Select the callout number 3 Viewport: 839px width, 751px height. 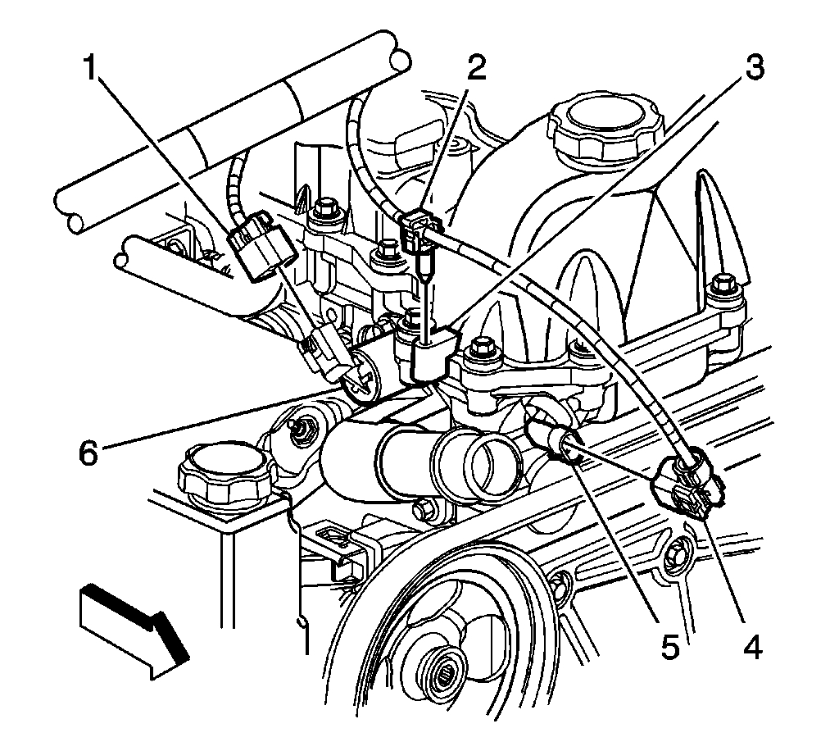pyautogui.click(x=751, y=69)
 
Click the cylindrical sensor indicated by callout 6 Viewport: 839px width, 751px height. pyautogui.click(x=365, y=372)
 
